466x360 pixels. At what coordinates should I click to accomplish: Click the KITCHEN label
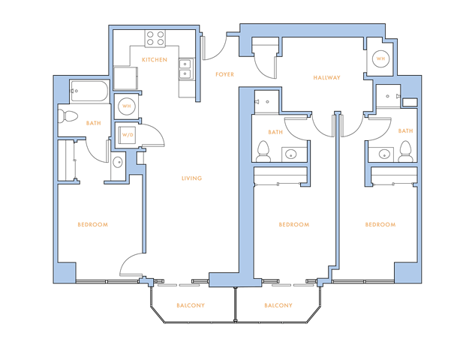click(x=155, y=60)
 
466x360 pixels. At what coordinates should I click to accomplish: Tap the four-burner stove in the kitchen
click(x=155, y=38)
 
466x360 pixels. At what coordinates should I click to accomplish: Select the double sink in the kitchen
click(x=185, y=69)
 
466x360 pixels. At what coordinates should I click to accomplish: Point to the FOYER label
click(x=224, y=74)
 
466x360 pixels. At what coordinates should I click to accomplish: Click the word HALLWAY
click(x=326, y=78)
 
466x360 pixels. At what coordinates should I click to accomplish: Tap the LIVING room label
click(x=191, y=178)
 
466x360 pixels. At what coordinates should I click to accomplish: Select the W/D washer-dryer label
click(x=128, y=135)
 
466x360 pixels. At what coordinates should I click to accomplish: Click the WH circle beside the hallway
click(x=380, y=58)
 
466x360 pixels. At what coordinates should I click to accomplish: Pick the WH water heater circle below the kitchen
click(x=127, y=106)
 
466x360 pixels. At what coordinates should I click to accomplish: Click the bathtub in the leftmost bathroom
click(x=89, y=91)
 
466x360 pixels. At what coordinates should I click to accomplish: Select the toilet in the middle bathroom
click(x=263, y=151)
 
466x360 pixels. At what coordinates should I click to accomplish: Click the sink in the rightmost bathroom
click(x=384, y=154)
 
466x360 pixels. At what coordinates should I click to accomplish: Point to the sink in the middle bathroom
click(x=290, y=154)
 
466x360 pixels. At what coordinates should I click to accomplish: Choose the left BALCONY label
click(x=191, y=305)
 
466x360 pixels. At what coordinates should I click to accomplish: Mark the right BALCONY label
click(x=278, y=305)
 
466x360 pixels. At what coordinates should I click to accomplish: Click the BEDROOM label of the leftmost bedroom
click(x=93, y=224)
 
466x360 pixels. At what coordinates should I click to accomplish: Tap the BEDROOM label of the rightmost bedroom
click(x=380, y=224)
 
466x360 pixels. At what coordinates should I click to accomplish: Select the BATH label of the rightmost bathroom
click(x=406, y=131)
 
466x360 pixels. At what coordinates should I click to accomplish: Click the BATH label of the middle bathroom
click(x=275, y=132)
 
